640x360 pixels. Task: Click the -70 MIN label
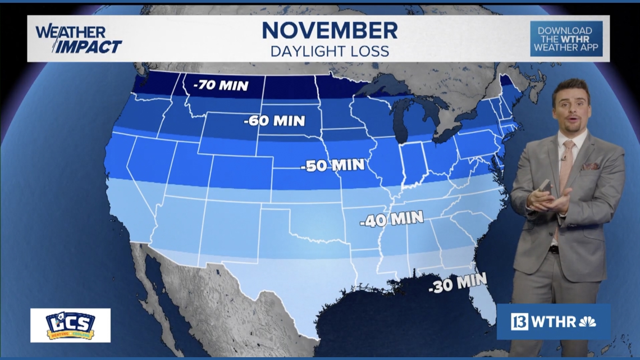coord(220,86)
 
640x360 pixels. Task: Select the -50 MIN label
coord(332,165)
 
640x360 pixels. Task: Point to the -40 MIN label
coord(391,219)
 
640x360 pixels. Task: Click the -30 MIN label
coord(458,284)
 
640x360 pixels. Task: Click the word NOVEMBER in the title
coord(330,30)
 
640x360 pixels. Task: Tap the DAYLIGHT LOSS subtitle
coord(330,51)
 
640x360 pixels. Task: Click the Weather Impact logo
coord(79,39)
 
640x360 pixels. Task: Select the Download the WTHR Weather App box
coord(566,39)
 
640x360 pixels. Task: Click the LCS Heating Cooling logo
coord(70,325)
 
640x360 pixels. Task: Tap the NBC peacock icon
coord(587,322)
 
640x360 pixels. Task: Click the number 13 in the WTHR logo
coord(519,322)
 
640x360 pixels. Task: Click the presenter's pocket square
coord(590,166)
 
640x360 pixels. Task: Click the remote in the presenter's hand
coord(544,186)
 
